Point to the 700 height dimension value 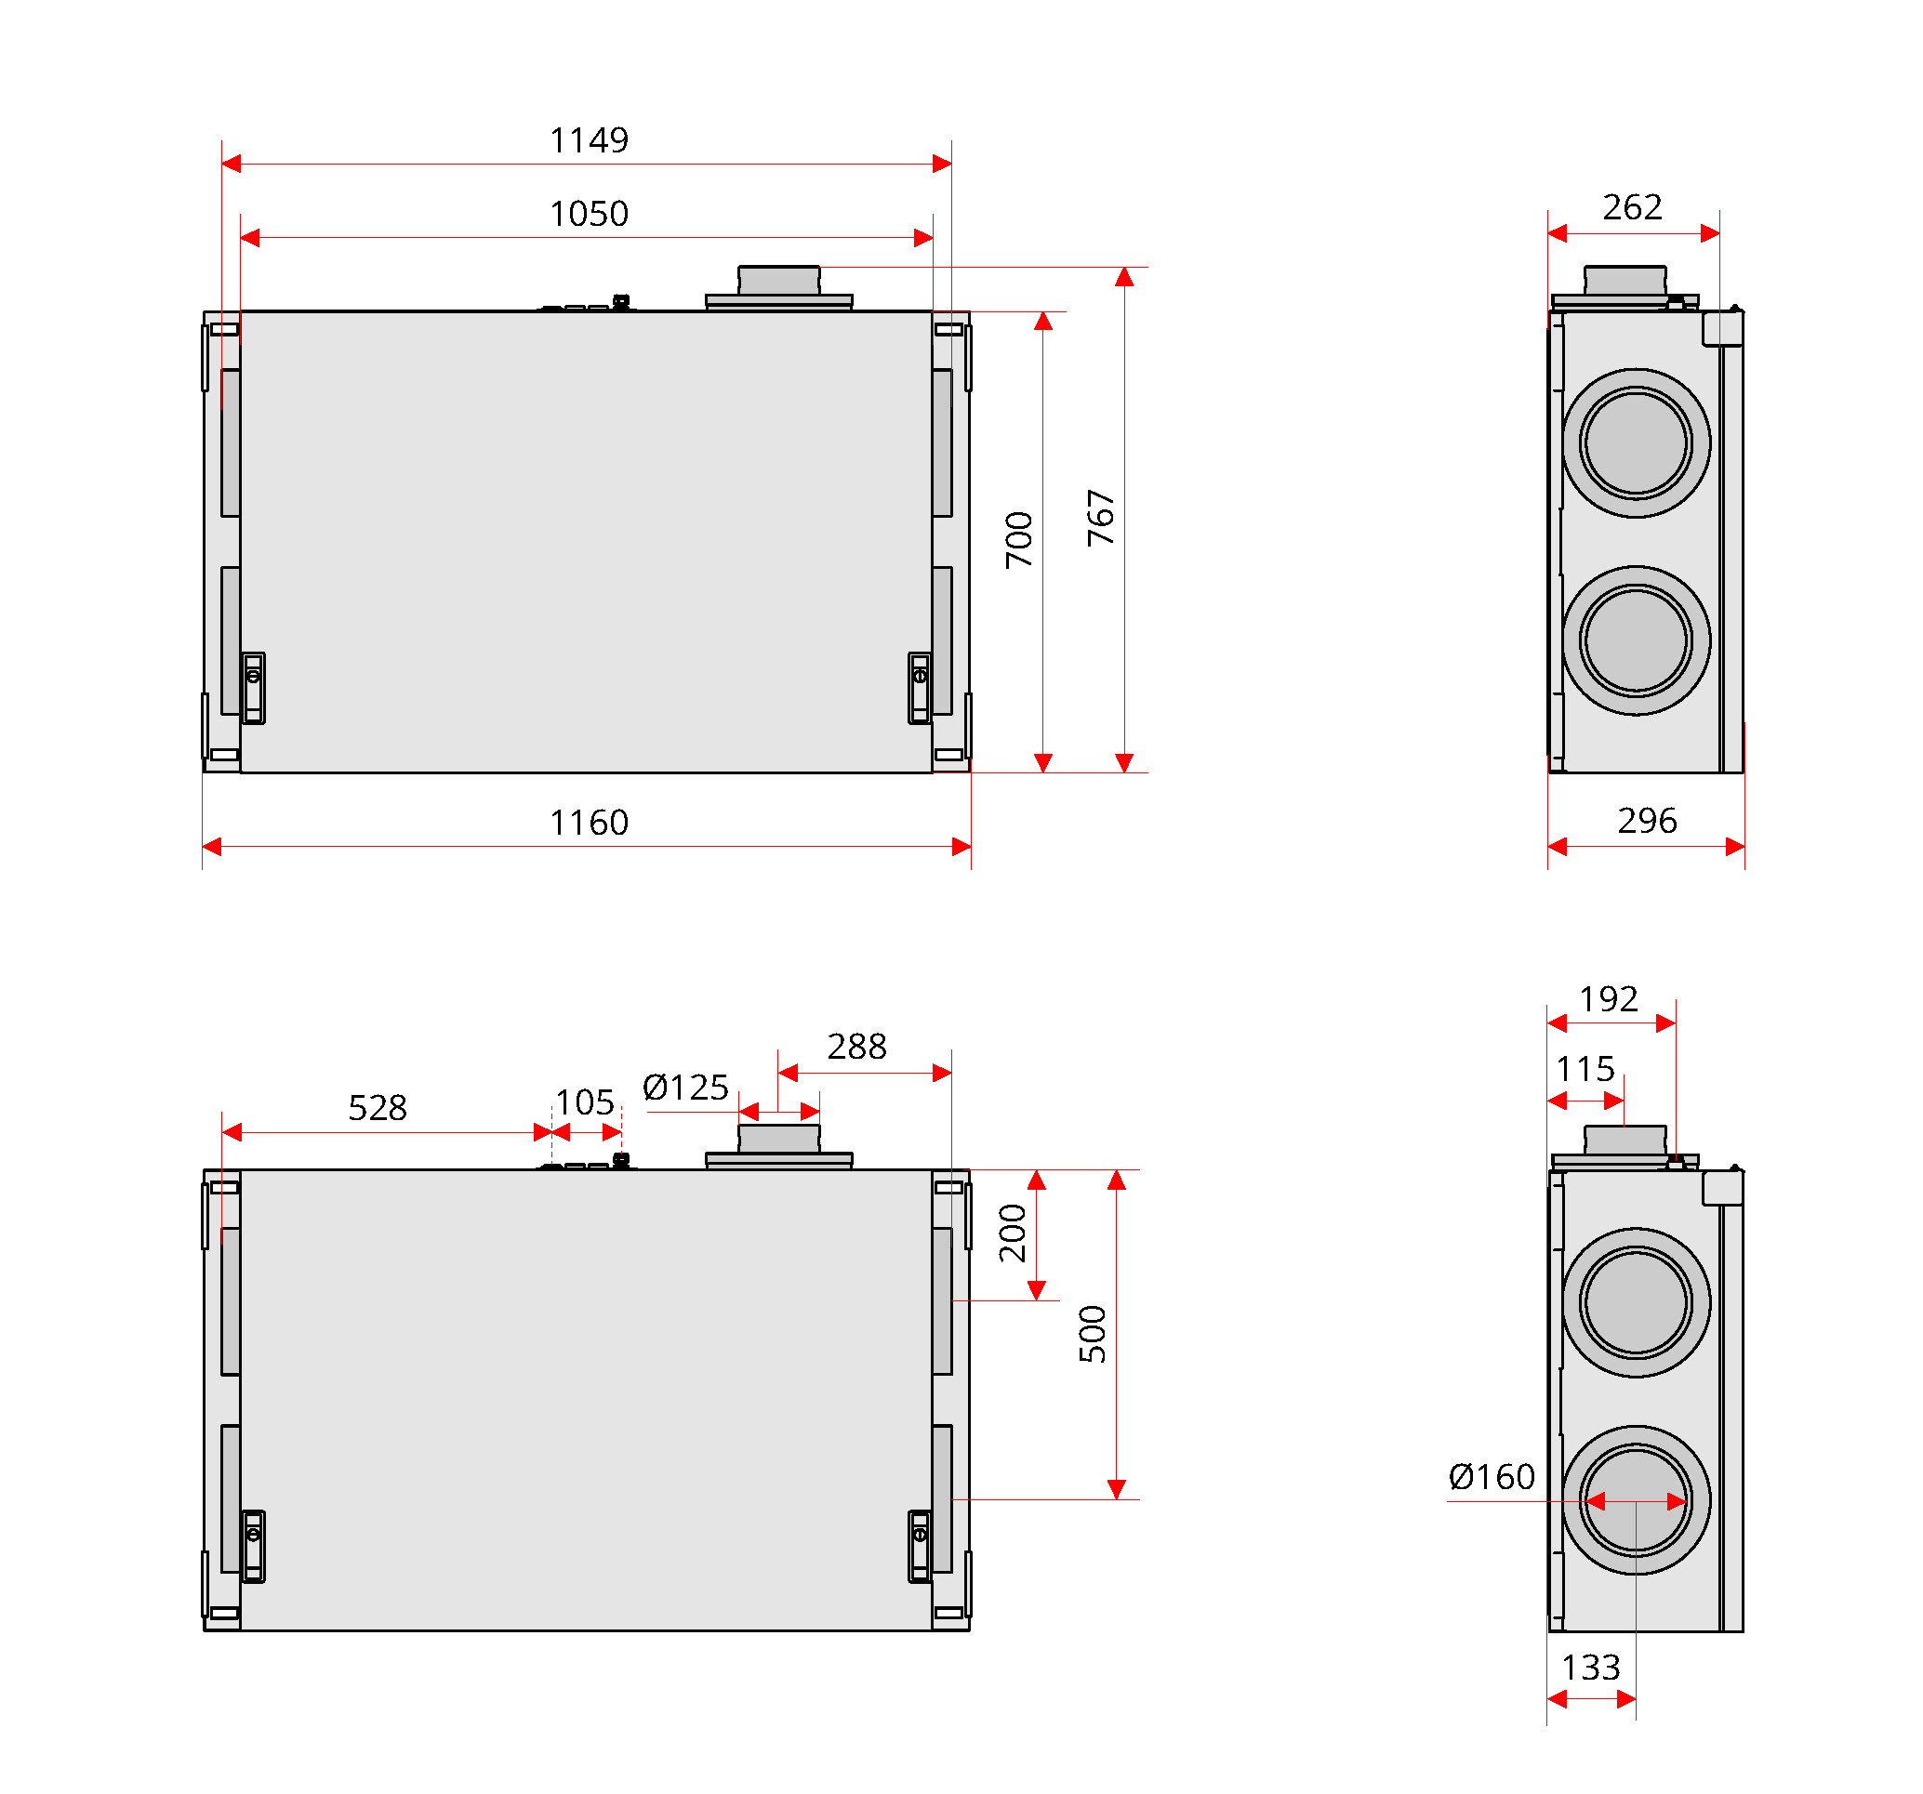tap(1018, 540)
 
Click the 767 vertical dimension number tap(1101, 519)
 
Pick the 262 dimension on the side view tap(1632, 207)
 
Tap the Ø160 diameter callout tap(1491, 1477)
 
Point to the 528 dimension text tap(378, 1107)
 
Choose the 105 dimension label tap(584, 1101)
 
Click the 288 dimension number tap(856, 1047)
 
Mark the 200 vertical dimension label tap(1012, 1233)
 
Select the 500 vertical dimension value tap(1092, 1334)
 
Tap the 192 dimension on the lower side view tap(1608, 999)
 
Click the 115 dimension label tap(1585, 1069)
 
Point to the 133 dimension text tap(1590, 1668)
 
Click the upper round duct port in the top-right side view tap(1636, 443)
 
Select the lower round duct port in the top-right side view tap(1636, 640)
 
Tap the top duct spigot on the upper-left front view tap(778, 282)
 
